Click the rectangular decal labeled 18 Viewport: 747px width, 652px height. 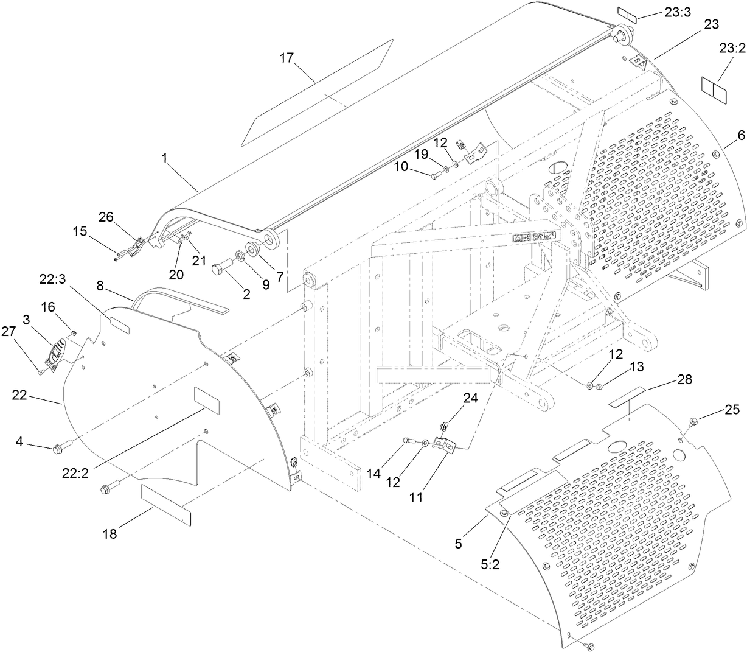pyautogui.click(x=165, y=504)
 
